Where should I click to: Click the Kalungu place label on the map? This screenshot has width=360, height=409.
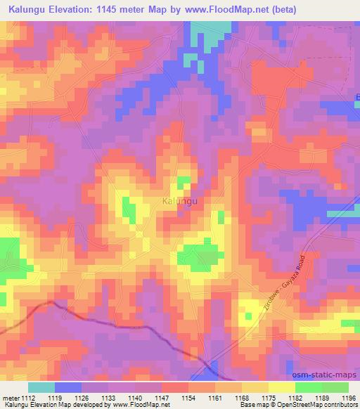pos(179,201)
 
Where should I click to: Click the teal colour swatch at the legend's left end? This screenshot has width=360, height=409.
pos(41,387)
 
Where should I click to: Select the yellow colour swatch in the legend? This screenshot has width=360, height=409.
pos(281,387)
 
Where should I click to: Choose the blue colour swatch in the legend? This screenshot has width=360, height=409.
pos(68,387)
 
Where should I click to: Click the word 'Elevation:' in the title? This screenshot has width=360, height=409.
pos(75,10)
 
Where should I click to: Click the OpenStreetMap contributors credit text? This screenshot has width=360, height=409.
pos(319,405)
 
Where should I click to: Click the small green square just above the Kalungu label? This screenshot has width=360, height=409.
pos(184,183)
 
